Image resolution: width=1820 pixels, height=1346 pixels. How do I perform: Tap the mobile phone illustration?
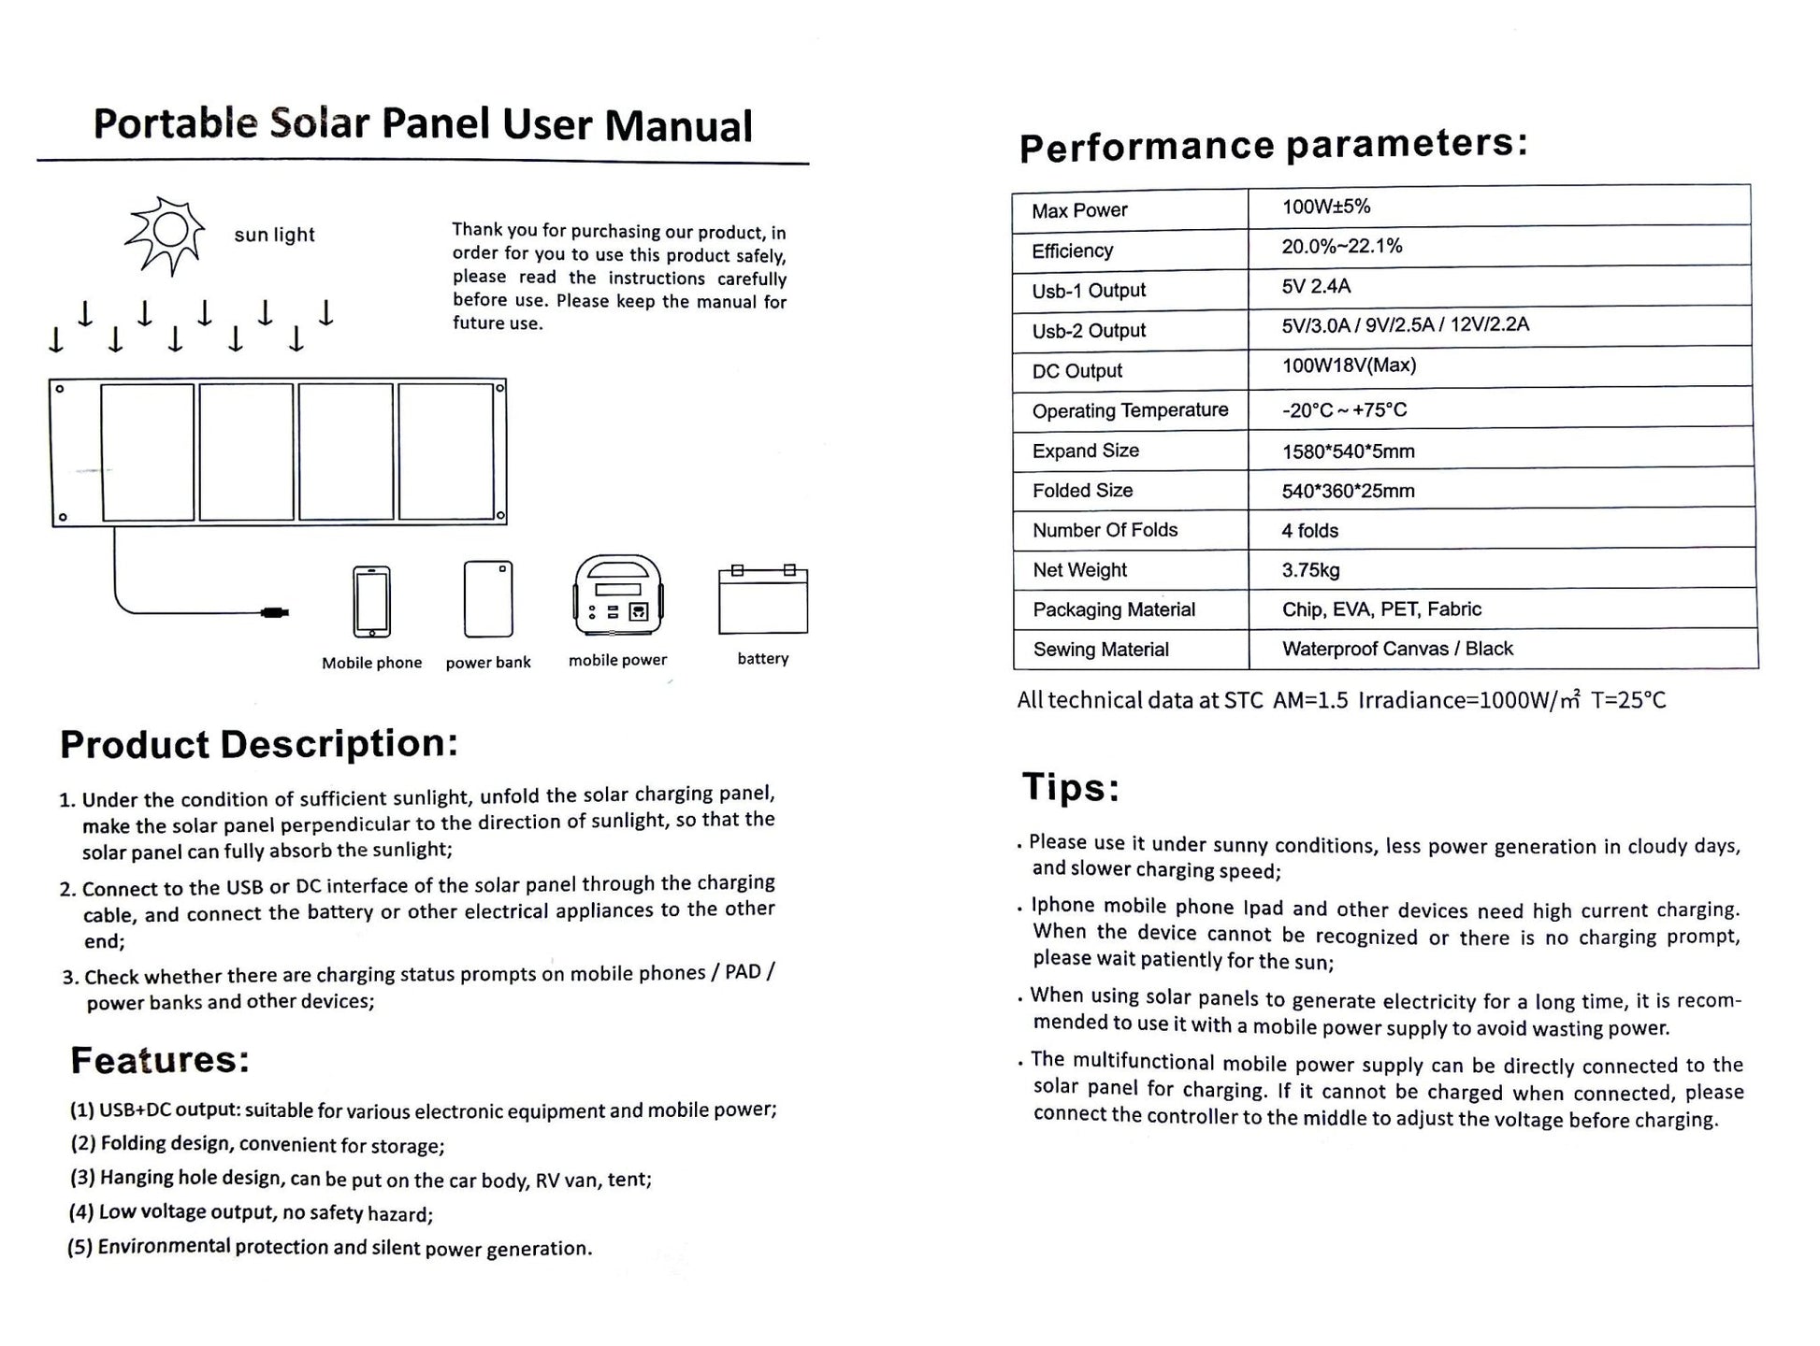pyautogui.click(x=371, y=601)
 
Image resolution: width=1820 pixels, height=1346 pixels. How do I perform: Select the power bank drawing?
pyautogui.click(x=488, y=598)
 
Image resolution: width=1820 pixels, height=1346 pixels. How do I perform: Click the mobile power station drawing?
pyautogui.click(x=617, y=595)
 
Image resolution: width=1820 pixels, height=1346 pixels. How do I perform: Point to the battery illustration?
pyautogui.click(x=762, y=600)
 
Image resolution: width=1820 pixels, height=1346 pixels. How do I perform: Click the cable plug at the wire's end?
pyautogui.click(x=276, y=613)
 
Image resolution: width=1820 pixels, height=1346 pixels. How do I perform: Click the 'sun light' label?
pyautogui.click(x=274, y=235)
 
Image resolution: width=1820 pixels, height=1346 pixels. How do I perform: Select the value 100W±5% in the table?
pyautogui.click(x=1325, y=207)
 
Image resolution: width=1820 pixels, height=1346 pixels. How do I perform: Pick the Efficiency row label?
pyautogui.click(x=1072, y=251)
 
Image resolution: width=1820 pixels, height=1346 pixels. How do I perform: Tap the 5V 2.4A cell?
pyautogui.click(x=1316, y=286)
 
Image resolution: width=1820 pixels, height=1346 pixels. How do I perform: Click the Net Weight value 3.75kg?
pyautogui.click(x=1310, y=569)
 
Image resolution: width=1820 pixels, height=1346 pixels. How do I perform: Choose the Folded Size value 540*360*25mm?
pyautogui.click(x=1348, y=491)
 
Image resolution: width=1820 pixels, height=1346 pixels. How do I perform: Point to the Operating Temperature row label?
pyautogui.click(x=1130, y=410)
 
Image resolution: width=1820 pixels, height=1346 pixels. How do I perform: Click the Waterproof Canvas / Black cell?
pyautogui.click(x=1397, y=649)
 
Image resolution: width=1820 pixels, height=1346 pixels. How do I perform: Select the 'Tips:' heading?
pyautogui.click(x=1070, y=787)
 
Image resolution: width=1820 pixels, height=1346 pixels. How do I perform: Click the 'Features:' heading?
pyautogui.click(x=160, y=1060)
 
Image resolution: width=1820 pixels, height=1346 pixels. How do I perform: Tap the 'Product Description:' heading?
pyautogui.click(x=259, y=744)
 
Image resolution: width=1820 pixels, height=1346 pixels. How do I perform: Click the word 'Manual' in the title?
pyautogui.click(x=678, y=126)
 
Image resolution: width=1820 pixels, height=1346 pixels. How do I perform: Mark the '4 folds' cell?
pyautogui.click(x=1309, y=531)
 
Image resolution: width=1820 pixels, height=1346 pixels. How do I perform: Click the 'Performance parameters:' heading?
pyautogui.click(x=1273, y=145)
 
